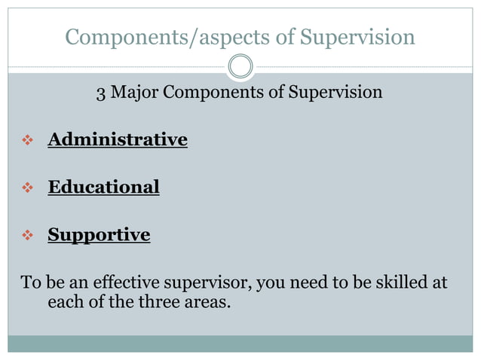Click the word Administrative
pos(118,139)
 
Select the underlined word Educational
pos(103,187)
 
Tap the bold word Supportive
pos(99,235)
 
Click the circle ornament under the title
pos(240,66)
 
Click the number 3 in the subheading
pos(101,93)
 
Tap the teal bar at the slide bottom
pos(240,343)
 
